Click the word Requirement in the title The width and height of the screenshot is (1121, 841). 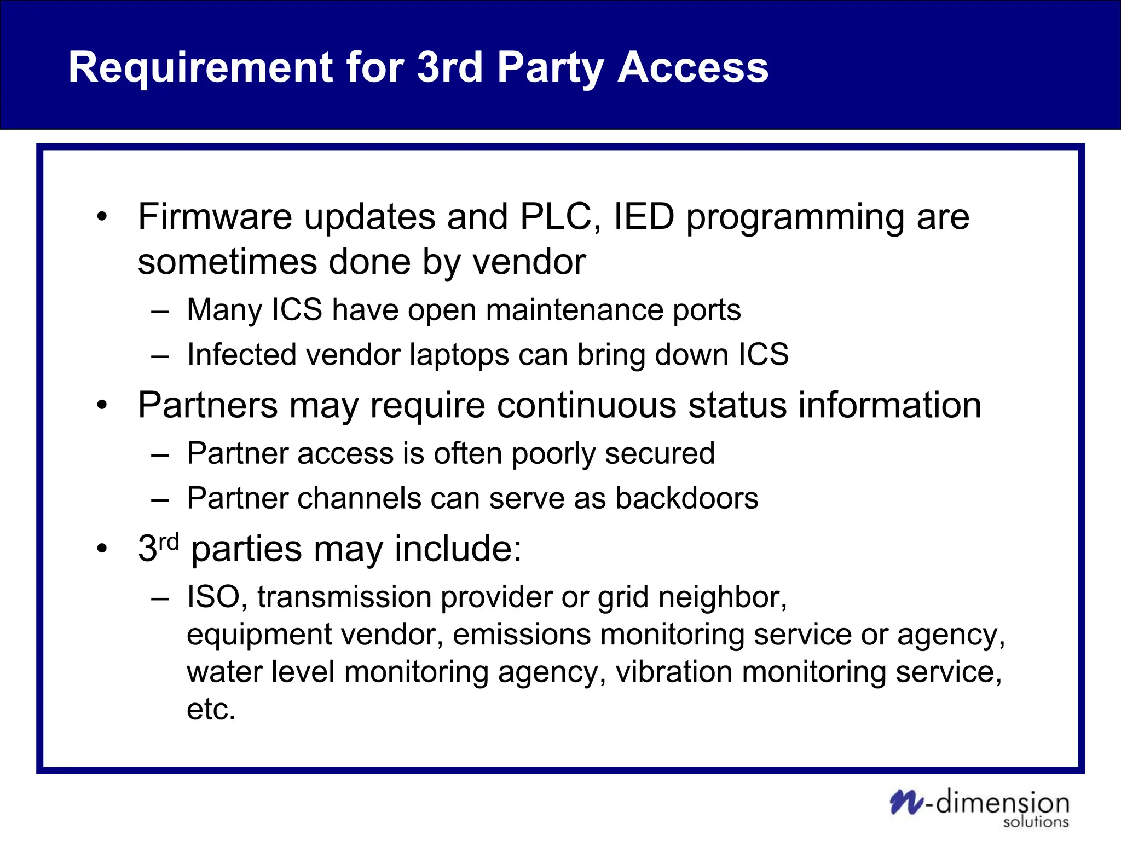200,68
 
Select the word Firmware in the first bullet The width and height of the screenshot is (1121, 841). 215,217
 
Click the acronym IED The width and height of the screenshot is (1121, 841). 644,217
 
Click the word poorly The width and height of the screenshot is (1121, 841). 553,454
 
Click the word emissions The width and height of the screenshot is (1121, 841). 522,635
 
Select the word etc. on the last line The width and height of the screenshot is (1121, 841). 211,710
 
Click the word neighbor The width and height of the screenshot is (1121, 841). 723,597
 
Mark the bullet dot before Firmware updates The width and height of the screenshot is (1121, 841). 102,217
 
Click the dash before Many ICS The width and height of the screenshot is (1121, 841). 160,312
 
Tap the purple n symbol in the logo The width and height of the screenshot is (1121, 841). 906,803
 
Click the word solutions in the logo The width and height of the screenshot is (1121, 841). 1036,822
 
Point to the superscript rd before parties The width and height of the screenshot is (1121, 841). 169,542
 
